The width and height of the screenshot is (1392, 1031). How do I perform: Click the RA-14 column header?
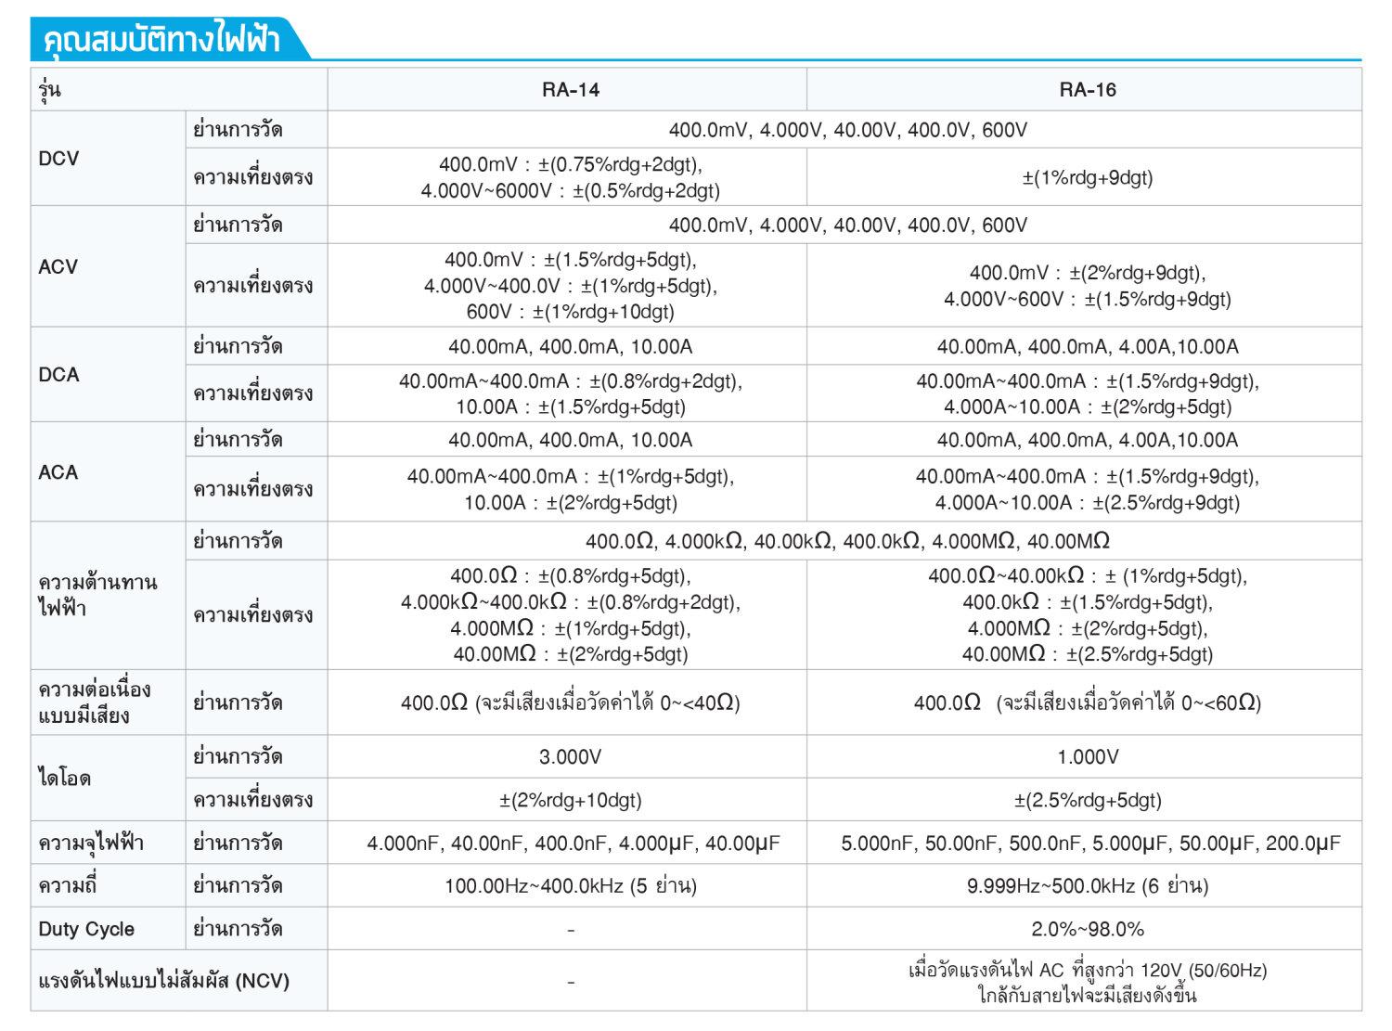(570, 90)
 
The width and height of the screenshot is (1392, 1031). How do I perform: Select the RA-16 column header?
(1087, 90)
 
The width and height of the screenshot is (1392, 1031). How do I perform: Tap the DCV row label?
(59, 159)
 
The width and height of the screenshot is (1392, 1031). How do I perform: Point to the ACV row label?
(58, 267)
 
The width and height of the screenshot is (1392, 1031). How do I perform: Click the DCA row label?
(59, 375)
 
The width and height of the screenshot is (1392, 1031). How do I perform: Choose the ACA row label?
(58, 472)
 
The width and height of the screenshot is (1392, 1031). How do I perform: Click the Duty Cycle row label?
(86, 929)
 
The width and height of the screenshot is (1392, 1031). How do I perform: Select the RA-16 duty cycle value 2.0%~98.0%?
(1087, 929)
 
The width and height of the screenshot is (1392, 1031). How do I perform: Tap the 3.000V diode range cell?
(570, 757)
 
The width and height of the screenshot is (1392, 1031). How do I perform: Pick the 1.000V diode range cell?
(1087, 757)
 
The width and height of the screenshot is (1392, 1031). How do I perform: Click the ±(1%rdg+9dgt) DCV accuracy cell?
(1087, 177)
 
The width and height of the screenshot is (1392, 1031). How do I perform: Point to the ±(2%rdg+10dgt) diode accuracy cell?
(570, 800)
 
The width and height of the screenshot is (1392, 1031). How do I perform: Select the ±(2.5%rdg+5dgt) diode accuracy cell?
(1087, 800)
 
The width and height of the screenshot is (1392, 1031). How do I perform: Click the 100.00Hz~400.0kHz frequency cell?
(570, 886)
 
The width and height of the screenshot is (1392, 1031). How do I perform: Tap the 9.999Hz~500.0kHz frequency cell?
(1087, 886)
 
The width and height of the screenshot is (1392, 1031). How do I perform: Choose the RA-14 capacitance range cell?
(573, 844)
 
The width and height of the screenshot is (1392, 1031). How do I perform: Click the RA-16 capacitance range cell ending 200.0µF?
(1090, 844)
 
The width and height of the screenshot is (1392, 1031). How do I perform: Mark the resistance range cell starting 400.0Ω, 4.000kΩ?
(846, 541)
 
